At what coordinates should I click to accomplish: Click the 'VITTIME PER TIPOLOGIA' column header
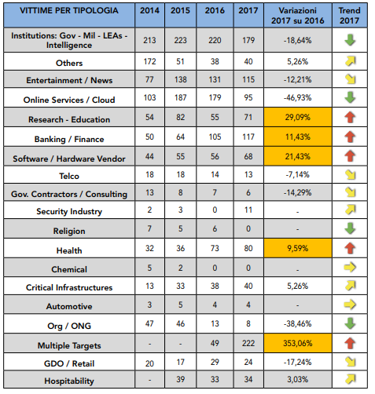69,10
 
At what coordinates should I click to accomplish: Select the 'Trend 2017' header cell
350,16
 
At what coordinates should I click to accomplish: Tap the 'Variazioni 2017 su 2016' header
298,16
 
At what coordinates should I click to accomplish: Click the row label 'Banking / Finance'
69,139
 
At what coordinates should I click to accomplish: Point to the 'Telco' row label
69,176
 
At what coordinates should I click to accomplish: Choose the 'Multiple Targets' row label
69,345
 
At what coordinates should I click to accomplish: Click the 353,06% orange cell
298,343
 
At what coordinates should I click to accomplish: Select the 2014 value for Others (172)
149,61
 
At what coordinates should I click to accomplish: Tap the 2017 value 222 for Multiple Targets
248,343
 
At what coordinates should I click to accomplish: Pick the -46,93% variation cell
298,98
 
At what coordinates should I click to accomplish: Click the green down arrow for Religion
350,228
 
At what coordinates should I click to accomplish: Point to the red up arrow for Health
350,248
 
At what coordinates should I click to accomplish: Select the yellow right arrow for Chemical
350,268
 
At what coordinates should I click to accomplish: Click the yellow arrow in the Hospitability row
351,379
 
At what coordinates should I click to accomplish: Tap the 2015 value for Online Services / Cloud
181,98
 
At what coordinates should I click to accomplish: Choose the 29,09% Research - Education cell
298,117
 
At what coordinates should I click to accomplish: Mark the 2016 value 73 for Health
215,248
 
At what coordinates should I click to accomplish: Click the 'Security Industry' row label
69,211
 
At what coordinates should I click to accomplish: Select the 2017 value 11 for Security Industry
248,210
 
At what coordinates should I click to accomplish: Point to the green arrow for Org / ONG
350,323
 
